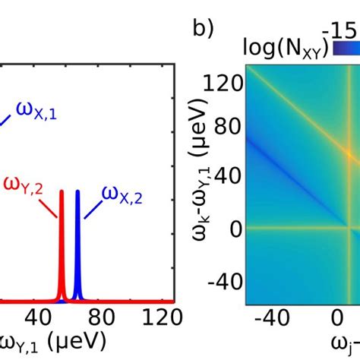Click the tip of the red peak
(62, 191)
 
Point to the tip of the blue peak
(77, 191)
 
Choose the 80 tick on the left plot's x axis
(103, 316)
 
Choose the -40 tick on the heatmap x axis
(272, 316)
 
